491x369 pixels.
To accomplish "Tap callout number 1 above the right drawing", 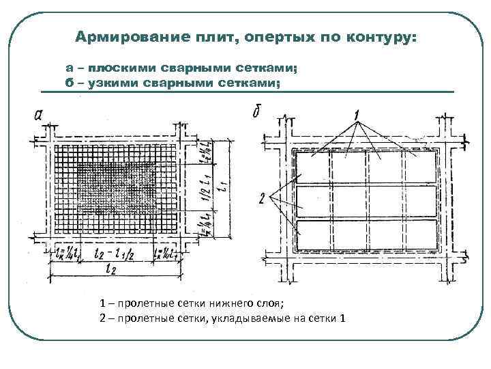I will [x=357, y=113].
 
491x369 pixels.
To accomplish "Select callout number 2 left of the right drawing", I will [x=263, y=199].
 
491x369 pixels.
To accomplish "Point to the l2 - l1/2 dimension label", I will [x=115, y=253].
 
